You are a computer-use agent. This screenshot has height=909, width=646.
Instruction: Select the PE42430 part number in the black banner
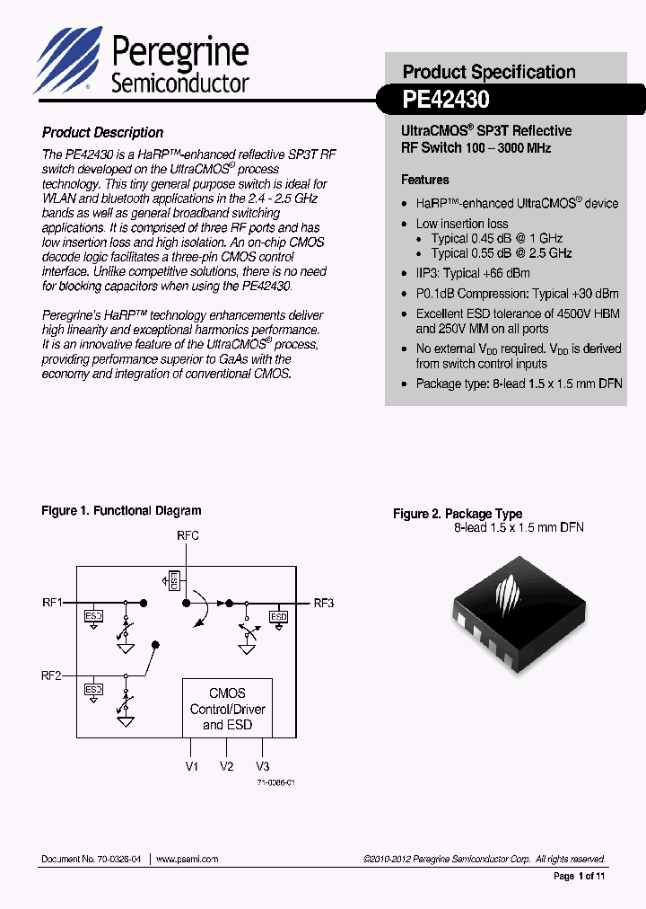[x=446, y=98]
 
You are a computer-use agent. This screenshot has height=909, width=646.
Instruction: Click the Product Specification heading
[x=489, y=72]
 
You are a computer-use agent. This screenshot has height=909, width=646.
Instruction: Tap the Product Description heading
[x=102, y=132]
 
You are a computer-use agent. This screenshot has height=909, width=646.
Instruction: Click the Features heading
[x=424, y=180]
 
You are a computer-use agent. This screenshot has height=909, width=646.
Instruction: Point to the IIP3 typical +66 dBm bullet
[x=472, y=273]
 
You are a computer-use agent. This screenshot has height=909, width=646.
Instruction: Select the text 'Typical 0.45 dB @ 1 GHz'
[x=496, y=239]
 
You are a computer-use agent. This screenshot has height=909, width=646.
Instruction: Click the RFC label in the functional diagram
[x=188, y=535]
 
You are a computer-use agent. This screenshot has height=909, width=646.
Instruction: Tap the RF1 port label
[x=52, y=603]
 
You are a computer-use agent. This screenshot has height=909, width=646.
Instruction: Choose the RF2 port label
[x=52, y=675]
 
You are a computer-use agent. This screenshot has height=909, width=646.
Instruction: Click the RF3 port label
[x=323, y=603]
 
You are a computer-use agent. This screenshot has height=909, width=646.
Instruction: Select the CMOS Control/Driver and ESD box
[x=227, y=708]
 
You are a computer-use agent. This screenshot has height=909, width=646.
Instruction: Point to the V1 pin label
[x=191, y=766]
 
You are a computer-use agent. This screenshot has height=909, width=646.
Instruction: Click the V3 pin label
[x=262, y=766]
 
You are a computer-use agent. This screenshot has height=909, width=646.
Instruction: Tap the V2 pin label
[x=226, y=766]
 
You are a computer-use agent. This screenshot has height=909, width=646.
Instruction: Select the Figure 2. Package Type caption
[x=458, y=514]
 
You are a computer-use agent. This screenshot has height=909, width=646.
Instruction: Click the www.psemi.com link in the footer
[x=188, y=860]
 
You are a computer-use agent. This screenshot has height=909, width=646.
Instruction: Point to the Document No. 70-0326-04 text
[x=92, y=860]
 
